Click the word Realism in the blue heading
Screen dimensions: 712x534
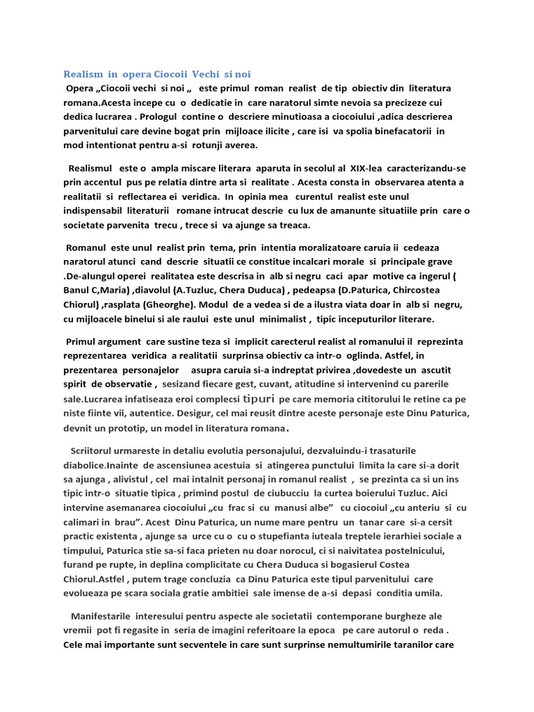coord(83,74)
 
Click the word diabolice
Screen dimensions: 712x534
coord(85,464)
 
